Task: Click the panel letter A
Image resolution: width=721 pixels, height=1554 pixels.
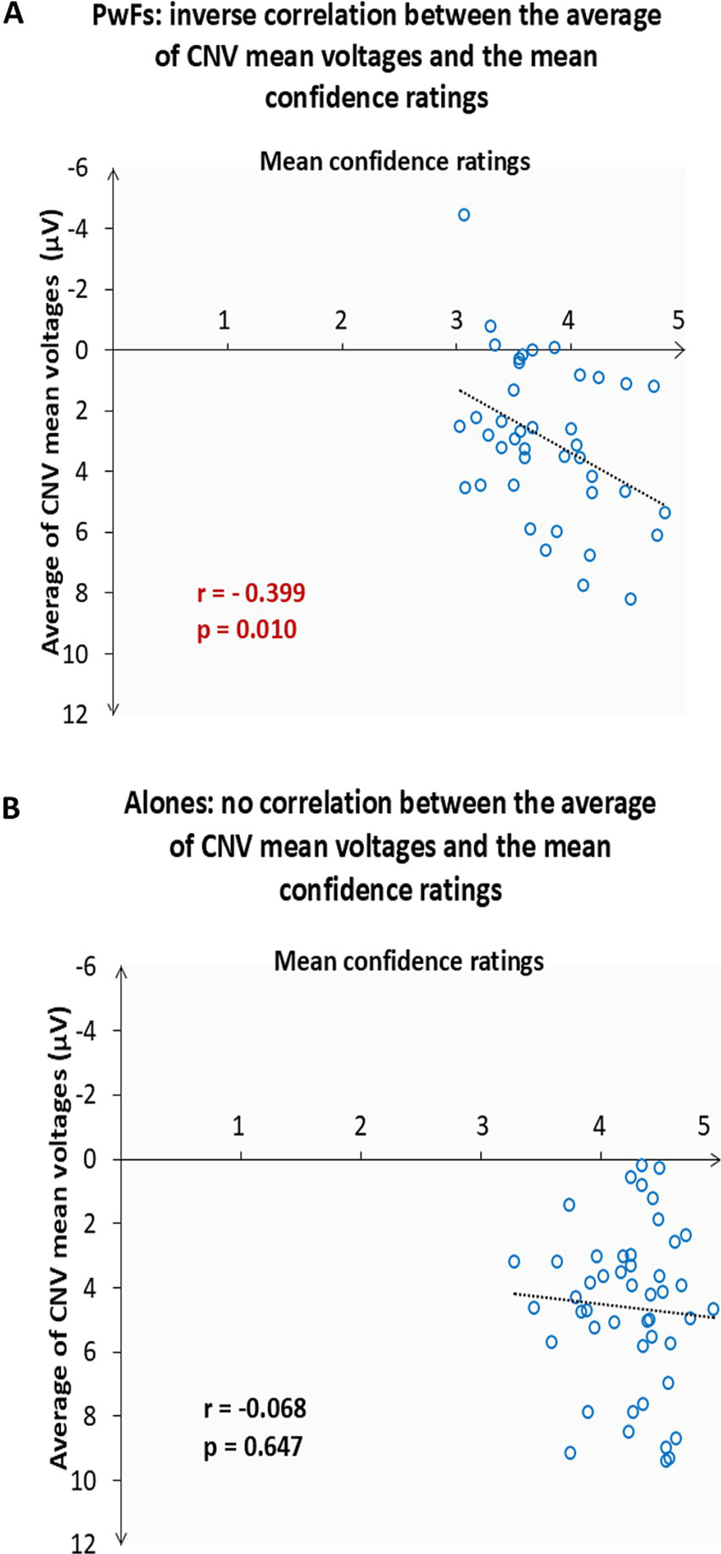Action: (13, 14)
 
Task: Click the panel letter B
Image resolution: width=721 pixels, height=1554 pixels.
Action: (12, 809)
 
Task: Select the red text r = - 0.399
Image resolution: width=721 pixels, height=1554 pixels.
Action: (251, 592)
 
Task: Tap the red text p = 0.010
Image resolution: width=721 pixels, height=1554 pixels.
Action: (247, 630)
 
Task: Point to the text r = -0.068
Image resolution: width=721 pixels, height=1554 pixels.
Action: (254, 1409)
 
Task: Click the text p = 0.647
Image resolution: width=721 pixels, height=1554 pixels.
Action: (253, 1446)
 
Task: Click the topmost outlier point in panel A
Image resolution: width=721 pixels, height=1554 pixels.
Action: (464, 216)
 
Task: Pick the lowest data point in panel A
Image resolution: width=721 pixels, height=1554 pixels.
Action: (630, 599)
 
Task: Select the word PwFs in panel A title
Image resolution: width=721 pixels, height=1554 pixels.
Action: (123, 16)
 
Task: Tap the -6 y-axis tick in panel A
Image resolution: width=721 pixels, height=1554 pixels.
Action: (77, 168)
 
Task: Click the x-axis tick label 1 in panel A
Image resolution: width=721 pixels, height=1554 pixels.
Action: (225, 321)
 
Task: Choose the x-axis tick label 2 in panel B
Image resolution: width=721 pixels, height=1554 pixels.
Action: (360, 1126)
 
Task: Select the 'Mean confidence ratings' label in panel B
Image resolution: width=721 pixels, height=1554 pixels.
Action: (409, 962)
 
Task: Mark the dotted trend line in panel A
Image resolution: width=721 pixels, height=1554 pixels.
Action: (562, 448)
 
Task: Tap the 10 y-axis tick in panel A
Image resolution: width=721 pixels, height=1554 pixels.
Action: (75, 654)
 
